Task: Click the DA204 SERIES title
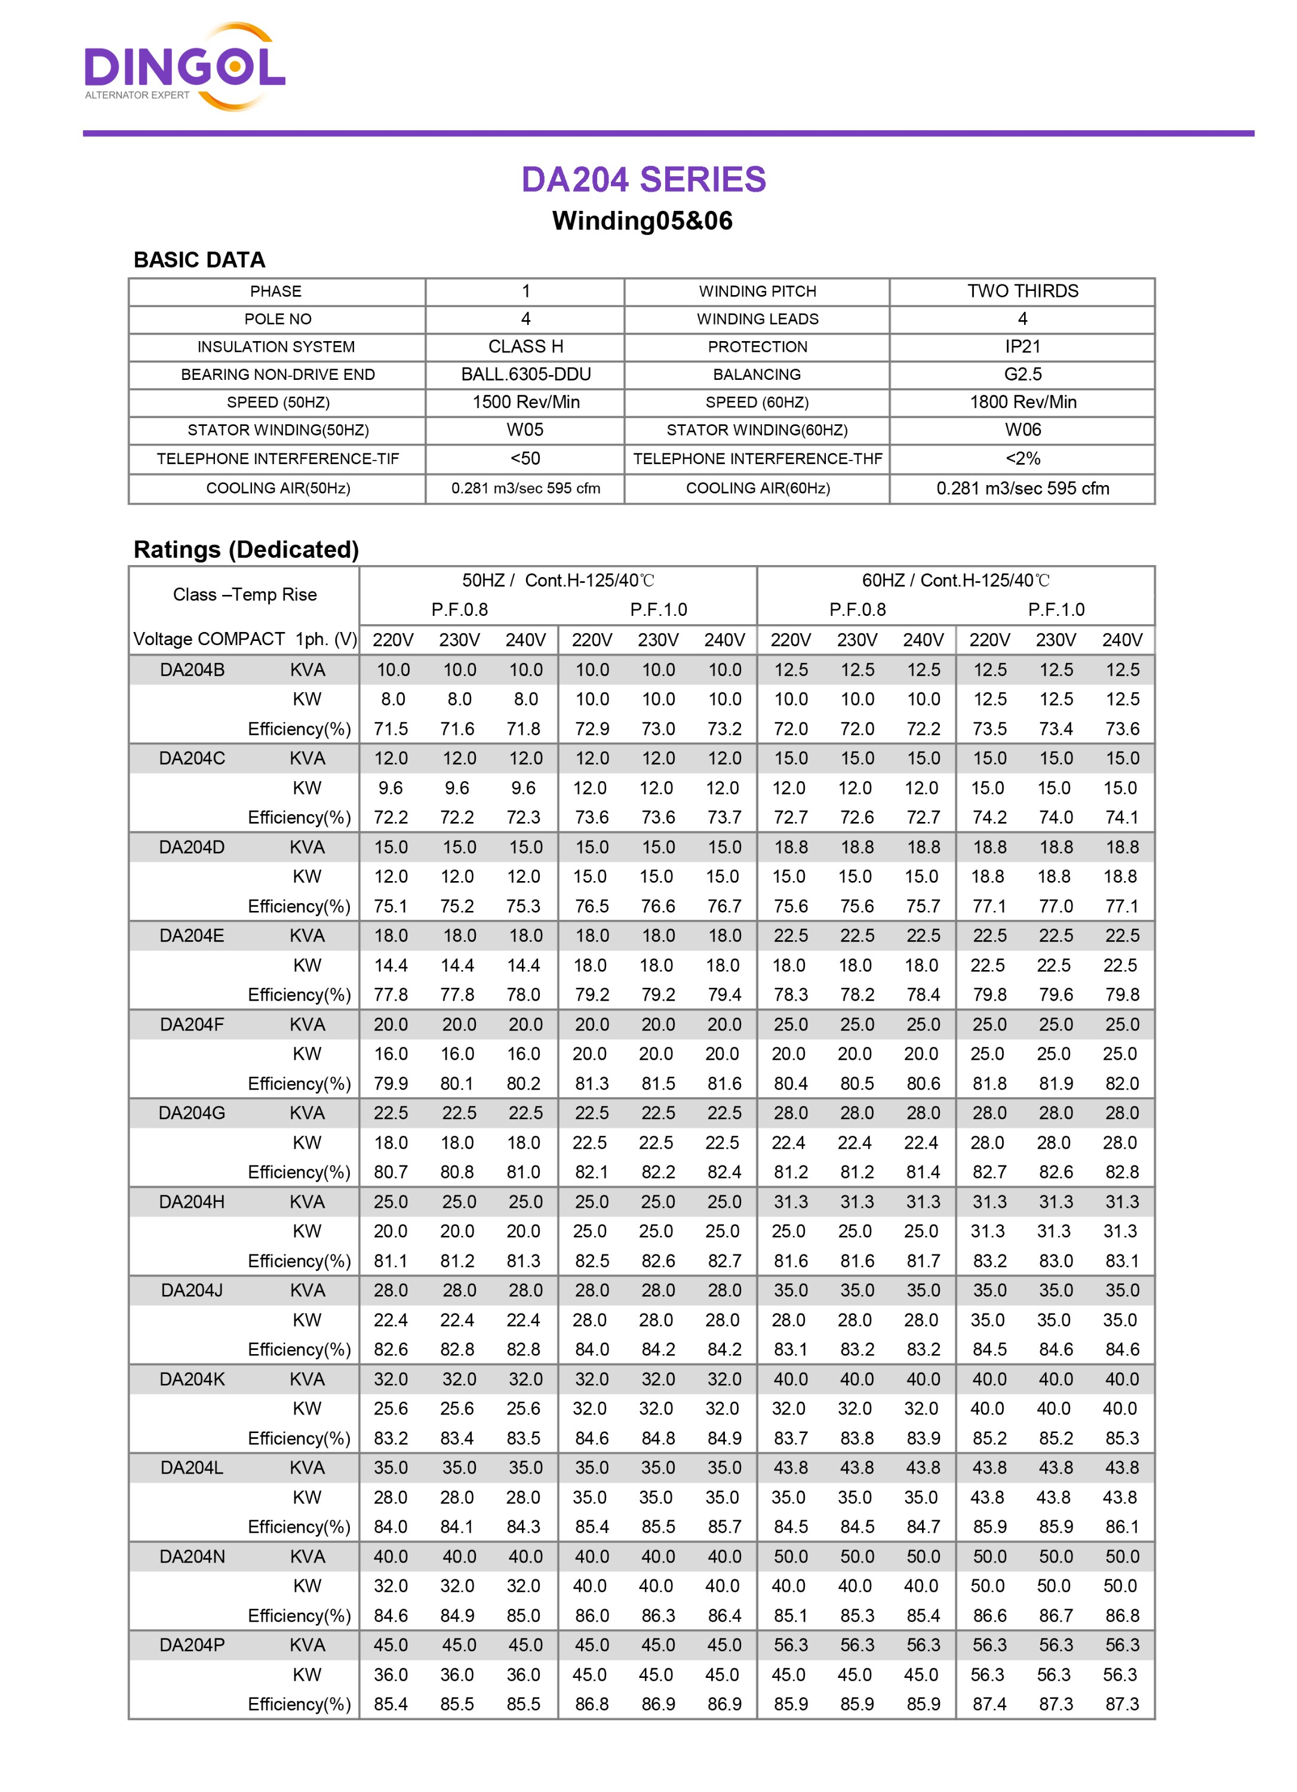(x=643, y=179)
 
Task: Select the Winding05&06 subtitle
(x=642, y=220)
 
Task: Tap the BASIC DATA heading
(x=199, y=260)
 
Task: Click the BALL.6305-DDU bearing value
(x=525, y=375)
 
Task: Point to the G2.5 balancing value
(x=1022, y=375)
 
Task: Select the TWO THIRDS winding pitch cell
(x=1022, y=291)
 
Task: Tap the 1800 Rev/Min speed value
(x=1022, y=402)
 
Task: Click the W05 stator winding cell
(x=525, y=430)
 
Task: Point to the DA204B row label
(x=192, y=670)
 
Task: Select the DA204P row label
(x=192, y=1645)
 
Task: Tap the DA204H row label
(x=192, y=1202)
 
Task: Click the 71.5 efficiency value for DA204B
(x=391, y=729)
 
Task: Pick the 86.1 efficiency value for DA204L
(x=1121, y=1527)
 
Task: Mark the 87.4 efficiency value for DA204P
(x=989, y=1704)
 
